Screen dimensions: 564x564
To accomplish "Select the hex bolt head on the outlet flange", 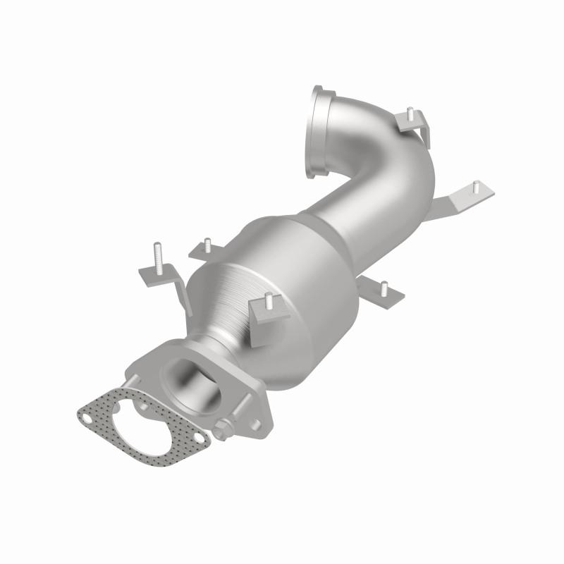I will (x=225, y=427).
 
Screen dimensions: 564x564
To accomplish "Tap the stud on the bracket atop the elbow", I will (x=409, y=113).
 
